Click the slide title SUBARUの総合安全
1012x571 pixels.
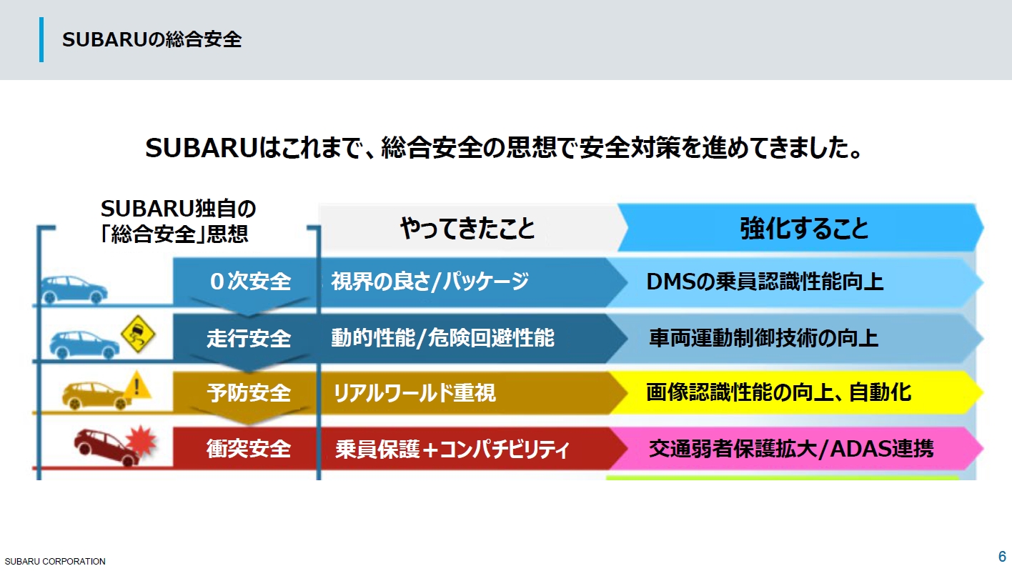click(152, 40)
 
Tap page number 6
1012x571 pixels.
click(1002, 556)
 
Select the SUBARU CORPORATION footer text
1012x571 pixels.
click(55, 562)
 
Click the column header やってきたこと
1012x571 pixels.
click(467, 228)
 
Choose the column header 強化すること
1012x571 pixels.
click(804, 228)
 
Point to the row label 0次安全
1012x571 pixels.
click(249, 282)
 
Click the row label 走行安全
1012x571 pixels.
click(249, 337)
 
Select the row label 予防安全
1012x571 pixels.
click(249, 392)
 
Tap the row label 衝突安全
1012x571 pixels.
click(249, 449)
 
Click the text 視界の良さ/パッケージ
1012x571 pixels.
click(430, 282)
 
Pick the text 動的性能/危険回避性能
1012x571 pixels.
click(442, 337)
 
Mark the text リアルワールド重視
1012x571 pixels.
click(415, 393)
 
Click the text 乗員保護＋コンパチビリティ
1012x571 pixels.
click(452, 450)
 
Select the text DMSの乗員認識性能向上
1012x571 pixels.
click(765, 282)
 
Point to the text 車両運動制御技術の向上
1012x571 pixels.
click(763, 337)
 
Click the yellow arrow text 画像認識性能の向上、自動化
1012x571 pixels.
click(778, 392)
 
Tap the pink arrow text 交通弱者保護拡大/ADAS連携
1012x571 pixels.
click(790, 449)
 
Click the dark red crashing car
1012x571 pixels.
click(105, 446)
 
